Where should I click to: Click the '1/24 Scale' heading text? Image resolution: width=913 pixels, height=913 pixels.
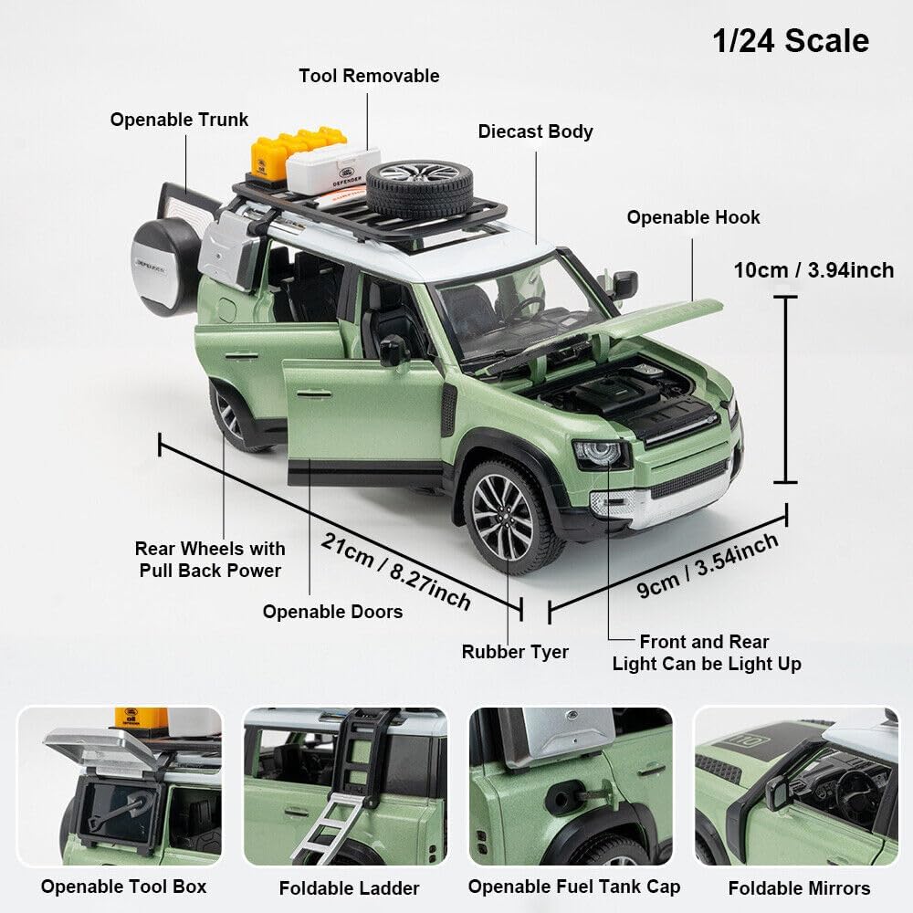(x=790, y=41)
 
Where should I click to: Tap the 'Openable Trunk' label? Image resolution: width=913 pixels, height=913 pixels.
(x=179, y=120)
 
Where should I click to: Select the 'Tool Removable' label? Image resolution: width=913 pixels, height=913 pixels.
(x=369, y=76)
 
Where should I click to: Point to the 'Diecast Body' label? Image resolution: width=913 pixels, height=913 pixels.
(x=535, y=131)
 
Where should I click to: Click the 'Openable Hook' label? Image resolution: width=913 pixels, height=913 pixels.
(x=693, y=217)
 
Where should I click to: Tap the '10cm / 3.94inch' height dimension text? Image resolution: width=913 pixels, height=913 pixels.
(x=813, y=270)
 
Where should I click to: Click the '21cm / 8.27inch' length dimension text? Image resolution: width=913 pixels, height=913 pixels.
(x=395, y=572)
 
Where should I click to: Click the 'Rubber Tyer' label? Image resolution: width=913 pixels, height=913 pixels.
(x=515, y=652)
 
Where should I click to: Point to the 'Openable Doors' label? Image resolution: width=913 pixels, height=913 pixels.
(x=332, y=612)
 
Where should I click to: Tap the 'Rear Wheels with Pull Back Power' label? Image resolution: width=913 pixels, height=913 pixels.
(x=210, y=559)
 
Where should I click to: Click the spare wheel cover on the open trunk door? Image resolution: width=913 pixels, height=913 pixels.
(x=164, y=267)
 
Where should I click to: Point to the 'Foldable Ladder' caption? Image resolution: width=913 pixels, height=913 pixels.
(x=349, y=887)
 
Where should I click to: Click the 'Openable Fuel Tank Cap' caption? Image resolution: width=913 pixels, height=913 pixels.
(x=574, y=886)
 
